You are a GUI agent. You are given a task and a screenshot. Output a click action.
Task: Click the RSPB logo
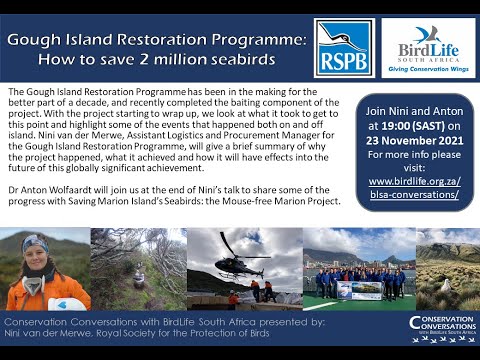pyautogui.click(x=343, y=46)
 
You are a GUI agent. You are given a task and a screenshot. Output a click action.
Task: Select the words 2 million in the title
pyautogui.click(x=186, y=63)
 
